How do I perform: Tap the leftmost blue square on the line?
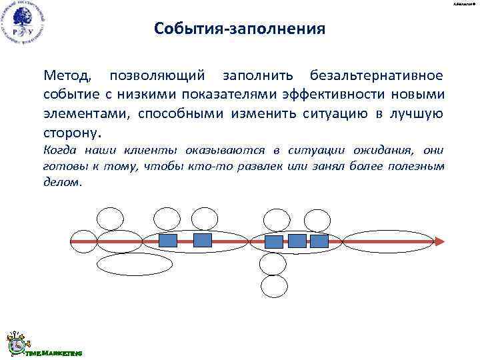click(x=167, y=240)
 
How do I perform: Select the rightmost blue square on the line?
click(x=320, y=241)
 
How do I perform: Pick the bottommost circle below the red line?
click(x=273, y=286)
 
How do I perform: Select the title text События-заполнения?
click(x=239, y=29)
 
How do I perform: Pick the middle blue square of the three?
click(x=297, y=241)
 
